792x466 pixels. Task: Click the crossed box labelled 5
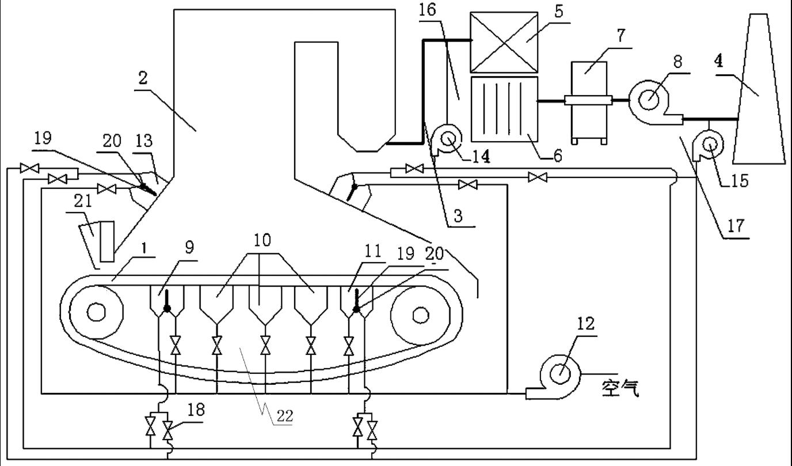[x=504, y=43]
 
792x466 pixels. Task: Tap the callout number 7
[x=621, y=35]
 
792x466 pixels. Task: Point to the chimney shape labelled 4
[x=759, y=89]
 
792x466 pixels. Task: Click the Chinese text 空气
[x=620, y=388]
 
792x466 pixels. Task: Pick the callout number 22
[x=284, y=416]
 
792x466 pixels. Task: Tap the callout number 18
[x=196, y=410]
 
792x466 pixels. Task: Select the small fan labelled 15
[x=710, y=145]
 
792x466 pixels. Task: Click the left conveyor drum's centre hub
[x=96, y=313]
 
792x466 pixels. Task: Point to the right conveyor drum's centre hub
[x=420, y=315]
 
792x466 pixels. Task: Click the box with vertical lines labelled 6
[x=505, y=109]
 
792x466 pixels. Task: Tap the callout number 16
[x=427, y=10]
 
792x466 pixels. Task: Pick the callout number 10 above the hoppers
[x=262, y=240]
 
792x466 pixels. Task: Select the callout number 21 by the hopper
[x=83, y=201]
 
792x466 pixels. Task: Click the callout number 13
[x=143, y=141]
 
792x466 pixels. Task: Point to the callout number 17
[x=736, y=226]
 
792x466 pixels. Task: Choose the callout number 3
[x=458, y=215]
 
